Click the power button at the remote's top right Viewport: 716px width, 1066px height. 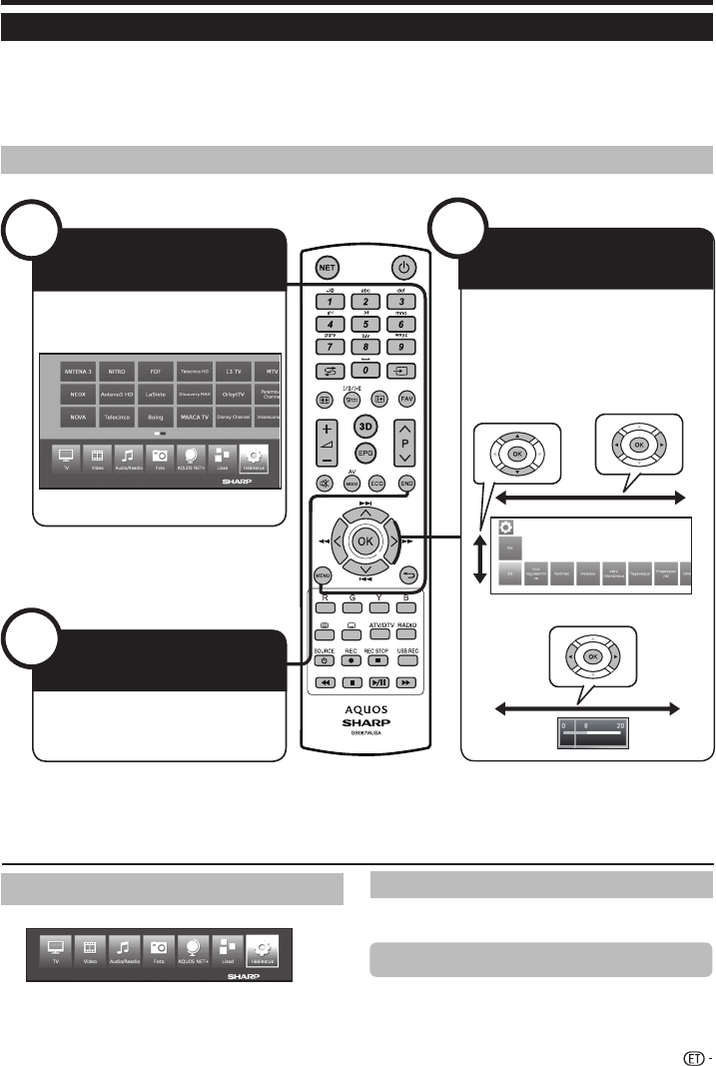403,267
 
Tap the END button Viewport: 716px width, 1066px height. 406,481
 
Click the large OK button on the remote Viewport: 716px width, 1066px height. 365,540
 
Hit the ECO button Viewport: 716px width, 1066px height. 378,481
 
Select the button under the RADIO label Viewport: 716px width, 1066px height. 405,634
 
